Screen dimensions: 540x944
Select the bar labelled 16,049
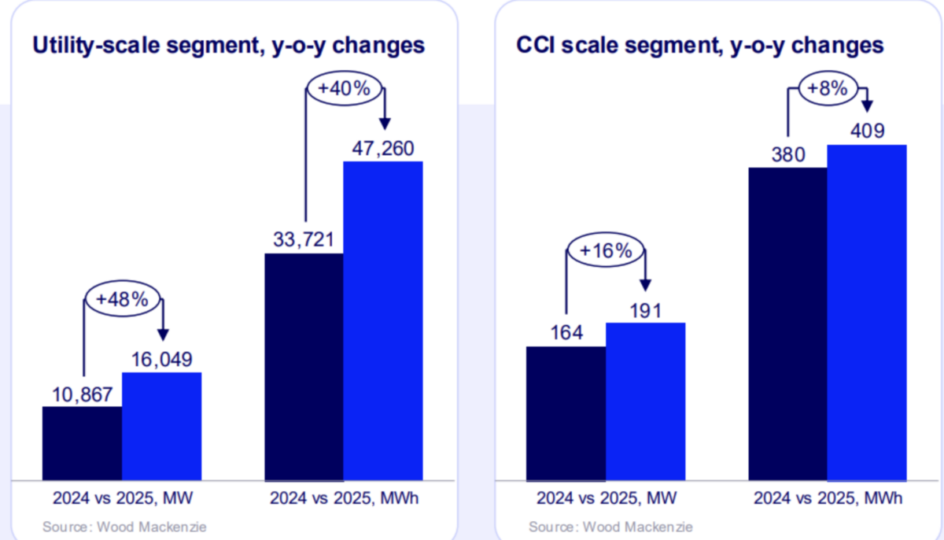(161, 426)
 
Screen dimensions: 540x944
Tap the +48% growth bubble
(122, 301)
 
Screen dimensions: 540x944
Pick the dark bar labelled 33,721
(304, 366)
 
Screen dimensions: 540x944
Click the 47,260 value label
(383, 147)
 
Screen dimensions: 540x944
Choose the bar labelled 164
(566, 413)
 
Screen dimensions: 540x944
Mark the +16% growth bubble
(606, 251)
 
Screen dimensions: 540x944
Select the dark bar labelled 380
(788, 324)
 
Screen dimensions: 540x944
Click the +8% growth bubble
(828, 89)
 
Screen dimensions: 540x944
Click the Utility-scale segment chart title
(228, 46)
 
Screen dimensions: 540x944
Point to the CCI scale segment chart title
(699, 46)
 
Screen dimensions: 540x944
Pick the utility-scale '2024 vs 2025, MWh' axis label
(344, 498)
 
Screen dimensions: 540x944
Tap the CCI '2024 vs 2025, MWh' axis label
(828, 498)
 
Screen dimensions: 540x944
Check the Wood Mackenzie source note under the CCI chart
(610, 526)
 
